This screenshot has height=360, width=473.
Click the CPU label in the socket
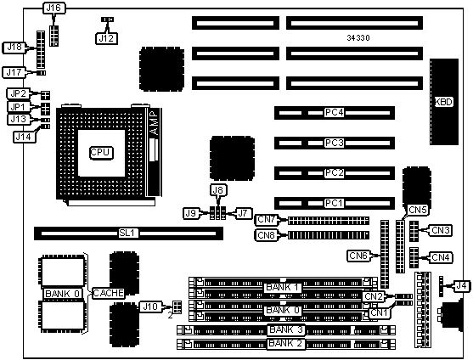(x=101, y=153)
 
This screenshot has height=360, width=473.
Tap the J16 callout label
(x=54, y=8)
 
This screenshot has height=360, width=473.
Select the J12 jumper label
(x=106, y=38)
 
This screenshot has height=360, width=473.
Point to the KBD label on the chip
(x=444, y=102)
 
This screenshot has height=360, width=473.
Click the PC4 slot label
(x=335, y=112)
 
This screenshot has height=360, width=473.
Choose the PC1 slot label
(x=335, y=203)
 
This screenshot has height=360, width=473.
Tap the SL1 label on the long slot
(x=128, y=233)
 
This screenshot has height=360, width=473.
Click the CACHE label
(x=108, y=293)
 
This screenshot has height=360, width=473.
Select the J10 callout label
(x=150, y=307)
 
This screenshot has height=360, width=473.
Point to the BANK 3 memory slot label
(x=285, y=329)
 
